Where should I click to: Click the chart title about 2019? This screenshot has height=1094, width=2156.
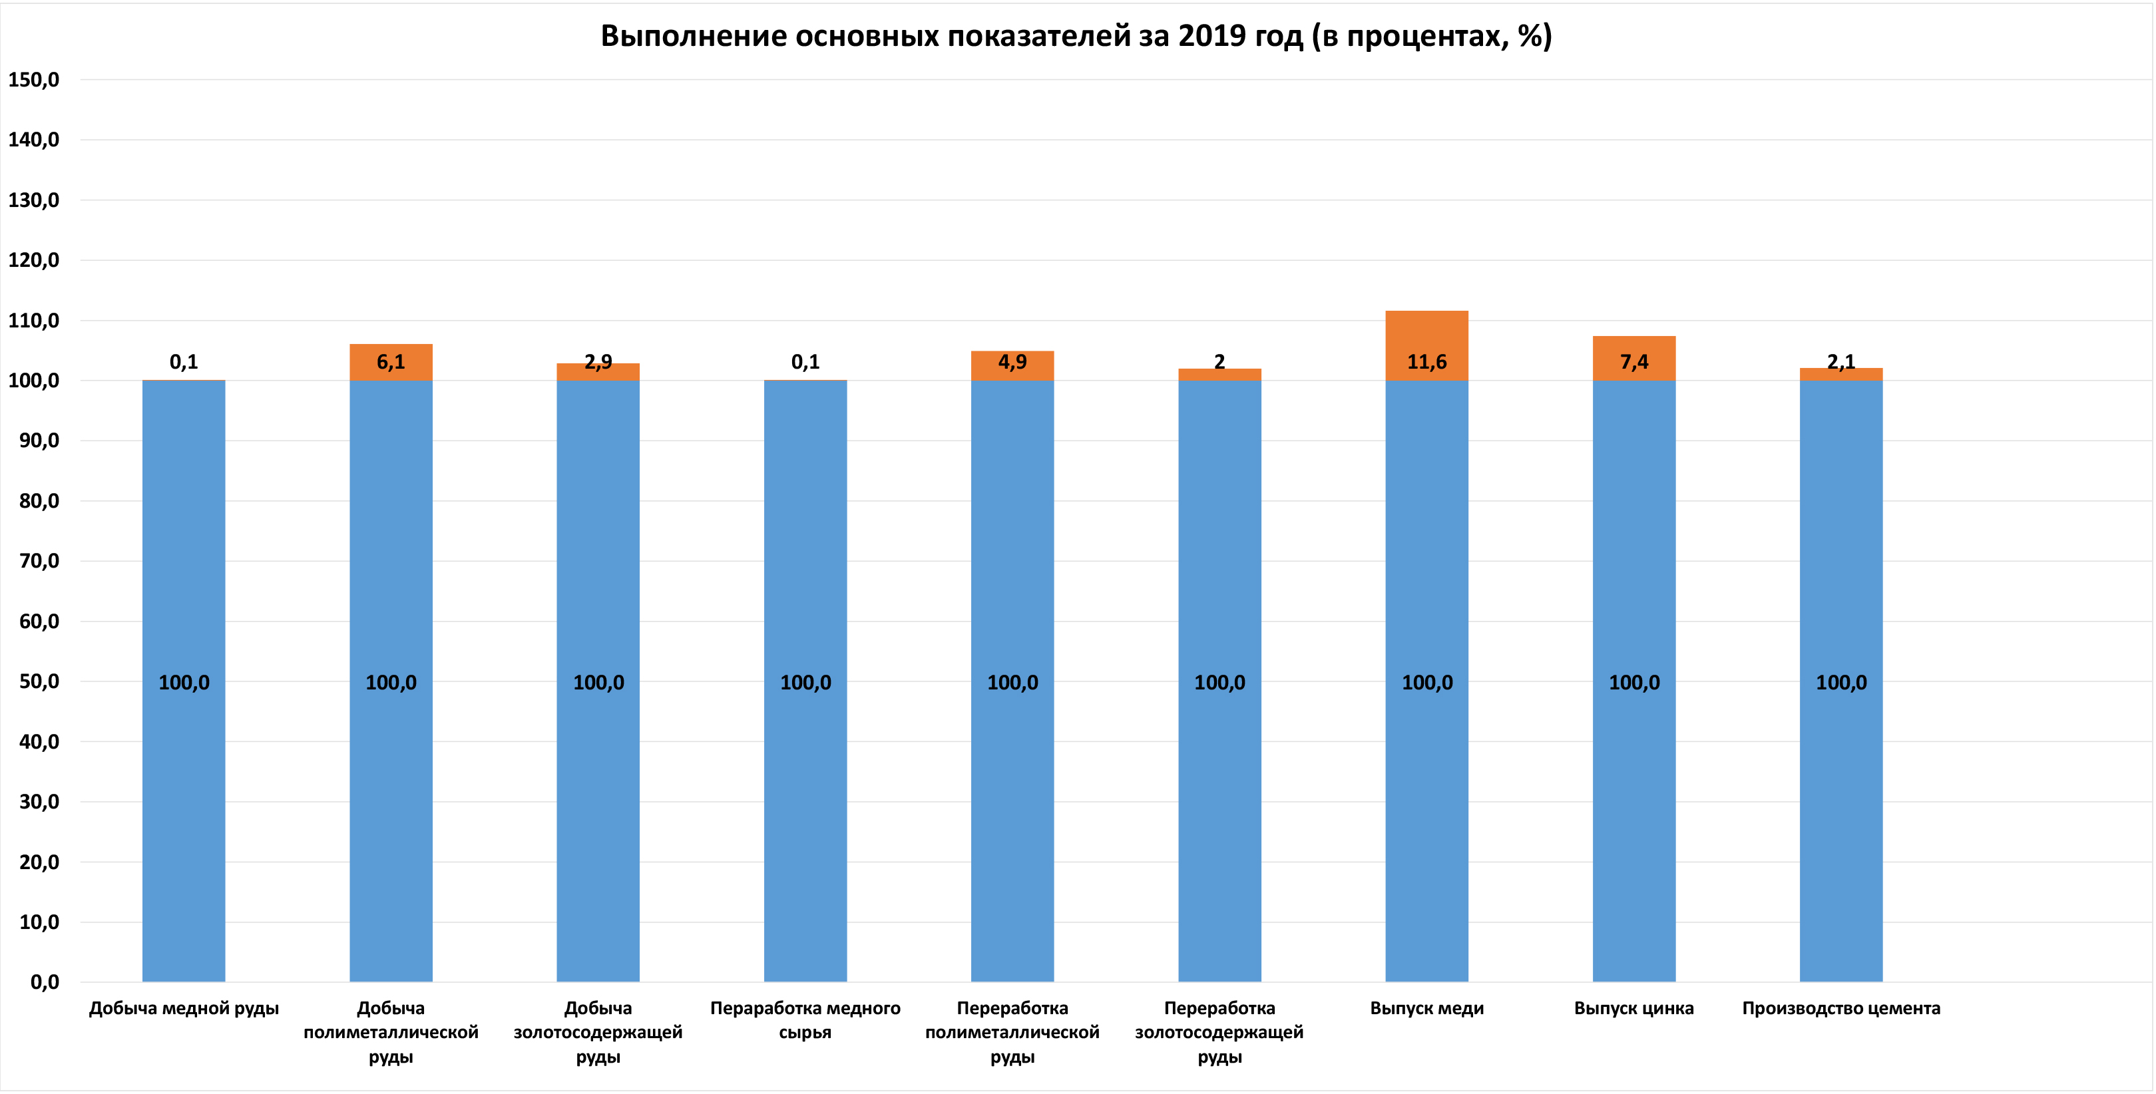[1076, 36]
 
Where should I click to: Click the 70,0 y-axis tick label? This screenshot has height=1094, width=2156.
[39, 561]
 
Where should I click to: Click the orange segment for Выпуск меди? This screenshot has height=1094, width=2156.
[1426, 335]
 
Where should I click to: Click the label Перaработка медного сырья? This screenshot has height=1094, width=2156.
[805, 1020]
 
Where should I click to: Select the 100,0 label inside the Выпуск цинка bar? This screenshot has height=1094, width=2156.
[1633, 683]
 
